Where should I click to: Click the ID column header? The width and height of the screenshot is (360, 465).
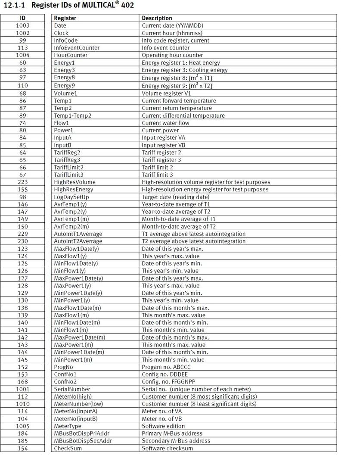tap(22, 18)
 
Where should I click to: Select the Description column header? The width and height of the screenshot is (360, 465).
tap(157, 18)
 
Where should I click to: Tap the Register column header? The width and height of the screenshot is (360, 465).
tap(65, 18)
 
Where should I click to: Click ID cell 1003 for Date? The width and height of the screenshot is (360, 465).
tap(22, 25)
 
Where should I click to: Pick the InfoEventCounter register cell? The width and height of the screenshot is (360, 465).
tap(77, 48)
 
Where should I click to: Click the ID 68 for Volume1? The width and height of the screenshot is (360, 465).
tap(22, 94)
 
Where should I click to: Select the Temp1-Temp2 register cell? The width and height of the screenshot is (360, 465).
tap(72, 115)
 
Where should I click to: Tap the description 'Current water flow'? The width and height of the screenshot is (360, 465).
tap(166, 123)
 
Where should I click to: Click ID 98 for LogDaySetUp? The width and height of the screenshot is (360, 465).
tap(22, 197)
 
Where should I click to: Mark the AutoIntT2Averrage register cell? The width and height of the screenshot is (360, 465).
tap(78, 241)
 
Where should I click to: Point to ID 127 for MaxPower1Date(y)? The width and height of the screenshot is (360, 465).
tap(22, 278)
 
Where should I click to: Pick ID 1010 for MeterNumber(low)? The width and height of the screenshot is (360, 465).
tap(22, 404)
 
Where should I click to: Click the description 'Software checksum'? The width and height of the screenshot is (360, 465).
tap(168, 448)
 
